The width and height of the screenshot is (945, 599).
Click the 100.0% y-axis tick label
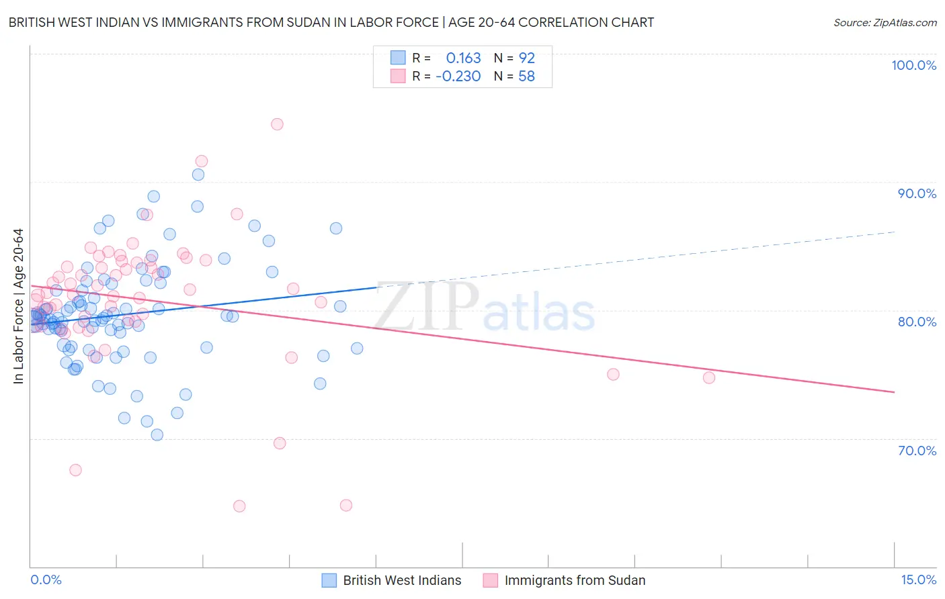tap(913, 65)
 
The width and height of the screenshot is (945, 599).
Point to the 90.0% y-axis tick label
tap(917, 193)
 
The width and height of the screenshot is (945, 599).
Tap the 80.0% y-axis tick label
tap(917, 322)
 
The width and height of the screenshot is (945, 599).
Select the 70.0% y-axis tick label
tap(917, 451)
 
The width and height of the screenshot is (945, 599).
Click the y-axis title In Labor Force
tap(18, 306)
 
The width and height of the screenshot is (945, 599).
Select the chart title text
tap(331, 23)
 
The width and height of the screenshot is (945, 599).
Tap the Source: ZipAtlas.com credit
tap(885, 23)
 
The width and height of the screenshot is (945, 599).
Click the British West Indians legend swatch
tap(329, 581)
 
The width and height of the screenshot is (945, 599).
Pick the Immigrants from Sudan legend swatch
tap(490, 581)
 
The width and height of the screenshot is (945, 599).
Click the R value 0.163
tap(463, 58)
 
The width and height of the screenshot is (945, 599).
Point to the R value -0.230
tap(458, 77)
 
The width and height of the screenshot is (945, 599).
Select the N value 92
tap(526, 58)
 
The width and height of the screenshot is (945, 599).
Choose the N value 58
tap(526, 77)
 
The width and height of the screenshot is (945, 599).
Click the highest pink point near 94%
tap(277, 124)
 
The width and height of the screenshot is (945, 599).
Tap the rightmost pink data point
tap(709, 377)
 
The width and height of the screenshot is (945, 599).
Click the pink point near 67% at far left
tap(75, 470)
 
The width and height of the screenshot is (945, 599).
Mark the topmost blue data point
tap(198, 175)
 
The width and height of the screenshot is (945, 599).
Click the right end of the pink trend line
tap(894, 391)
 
